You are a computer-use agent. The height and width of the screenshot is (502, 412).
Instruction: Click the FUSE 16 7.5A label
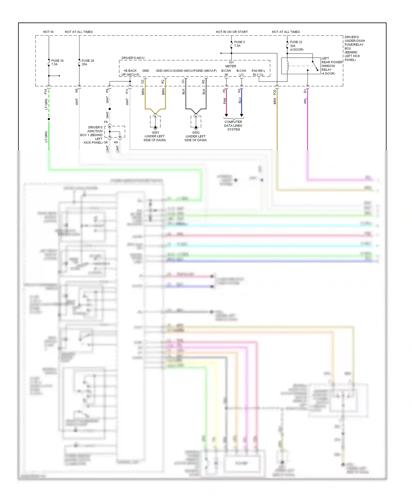tap(57, 62)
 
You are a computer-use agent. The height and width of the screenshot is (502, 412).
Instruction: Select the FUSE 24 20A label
tap(88, 62)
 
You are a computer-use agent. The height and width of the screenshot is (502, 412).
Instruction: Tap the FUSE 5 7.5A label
tap(239, 44)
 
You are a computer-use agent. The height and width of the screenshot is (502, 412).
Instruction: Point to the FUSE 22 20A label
tap(296, 46)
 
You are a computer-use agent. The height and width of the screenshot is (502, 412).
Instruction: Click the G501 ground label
tap(155, 136)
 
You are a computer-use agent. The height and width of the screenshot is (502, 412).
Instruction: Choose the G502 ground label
tap(196, 136)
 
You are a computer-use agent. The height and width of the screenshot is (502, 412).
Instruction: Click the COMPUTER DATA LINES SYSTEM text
tap(233, 126)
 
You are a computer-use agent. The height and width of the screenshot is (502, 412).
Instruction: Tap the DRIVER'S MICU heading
tap(133, 58)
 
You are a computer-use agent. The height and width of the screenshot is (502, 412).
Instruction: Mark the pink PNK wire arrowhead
tap(226, 115)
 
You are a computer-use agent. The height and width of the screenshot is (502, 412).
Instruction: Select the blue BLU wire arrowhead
tap(241, 115)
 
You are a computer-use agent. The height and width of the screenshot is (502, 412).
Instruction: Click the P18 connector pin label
tap(46, 91)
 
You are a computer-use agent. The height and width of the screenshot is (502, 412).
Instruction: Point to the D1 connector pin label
tap(305, 91)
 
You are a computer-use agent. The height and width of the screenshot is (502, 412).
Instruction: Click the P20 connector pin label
tap(274, 92)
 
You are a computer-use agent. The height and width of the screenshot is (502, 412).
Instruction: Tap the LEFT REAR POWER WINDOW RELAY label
tap(332, 66)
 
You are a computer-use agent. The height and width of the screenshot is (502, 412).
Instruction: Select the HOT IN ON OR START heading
tap(232, 32)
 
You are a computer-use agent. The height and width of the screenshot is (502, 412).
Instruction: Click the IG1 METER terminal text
tap(231, 64)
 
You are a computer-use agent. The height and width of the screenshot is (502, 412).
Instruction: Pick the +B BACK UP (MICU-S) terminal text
tap(130, 72)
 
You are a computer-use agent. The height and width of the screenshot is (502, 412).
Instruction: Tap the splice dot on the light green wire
tap(49, 119)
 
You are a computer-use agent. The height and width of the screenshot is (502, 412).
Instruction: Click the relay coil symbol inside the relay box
tap(288, 66)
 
